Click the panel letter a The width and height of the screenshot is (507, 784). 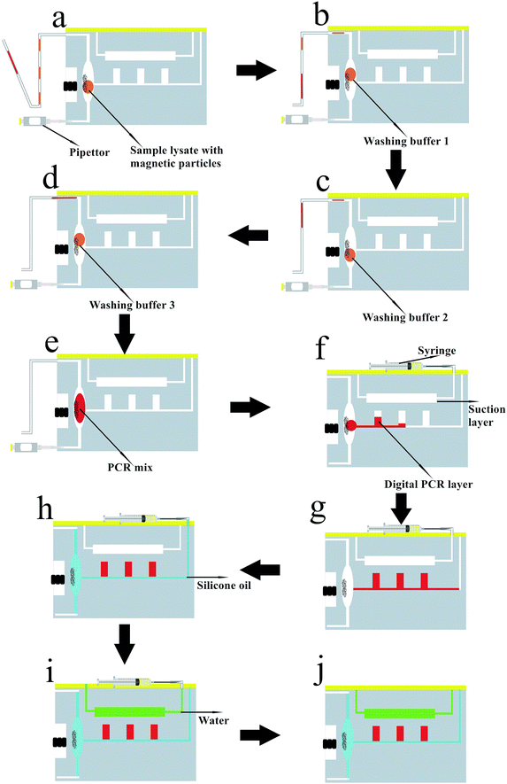pyautogui.click(x=59, y=19)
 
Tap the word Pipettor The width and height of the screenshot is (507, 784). pyautogui.click(x=89, y=152)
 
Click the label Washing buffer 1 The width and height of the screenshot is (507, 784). pyautogui.click(x=406, y=141)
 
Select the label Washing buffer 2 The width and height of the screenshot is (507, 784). pyautogui.click(x=405, y=317)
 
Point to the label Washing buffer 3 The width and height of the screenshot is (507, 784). pyautogui.click(x=132, y=305)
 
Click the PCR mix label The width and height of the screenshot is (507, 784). pyautogui.click(x=130, y=468)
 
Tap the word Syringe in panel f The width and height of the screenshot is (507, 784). pyautogui.click(x=436, y=351)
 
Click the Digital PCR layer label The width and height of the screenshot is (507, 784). pyautogui.click(x=428, y=484)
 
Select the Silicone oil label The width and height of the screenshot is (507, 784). pyautogui.click(x=224, y=585)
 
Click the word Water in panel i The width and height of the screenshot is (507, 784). pyautogui.click(x=214, y=720)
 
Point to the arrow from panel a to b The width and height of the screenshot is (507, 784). pyautogui.click(x=257, y=70)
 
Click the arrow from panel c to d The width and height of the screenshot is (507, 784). pyautogui.click(x=248, y=235)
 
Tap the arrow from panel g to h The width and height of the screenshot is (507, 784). pyautogui.click(x=260, y=570)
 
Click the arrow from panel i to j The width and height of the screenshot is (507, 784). pyautogui.click(x=260, y=735)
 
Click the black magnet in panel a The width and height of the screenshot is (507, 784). pyautogui.click(x=70, y=86)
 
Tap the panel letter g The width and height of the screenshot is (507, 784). pyautogui.click(x=319, y=511)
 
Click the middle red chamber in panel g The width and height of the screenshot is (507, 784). pyautogui.click(x=400, y=581)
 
